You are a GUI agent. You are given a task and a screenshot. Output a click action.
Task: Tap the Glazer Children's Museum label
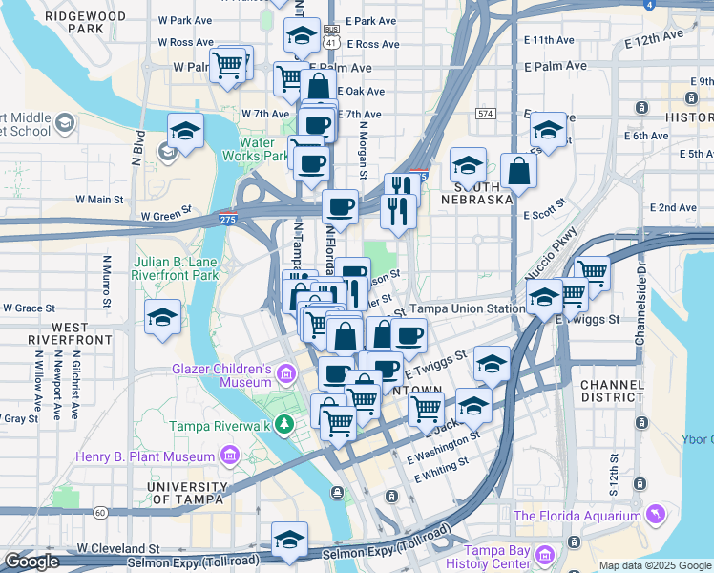coord(222,375)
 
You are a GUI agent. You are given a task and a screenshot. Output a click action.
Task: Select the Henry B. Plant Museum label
coord(145,456)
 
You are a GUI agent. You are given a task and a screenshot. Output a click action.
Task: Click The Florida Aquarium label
coord(577,517)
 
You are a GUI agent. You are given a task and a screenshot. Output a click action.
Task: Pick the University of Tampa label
coord(185,492)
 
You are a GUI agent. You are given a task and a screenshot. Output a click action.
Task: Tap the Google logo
coord(31,562)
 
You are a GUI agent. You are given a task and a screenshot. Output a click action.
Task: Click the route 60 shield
coord(99,513)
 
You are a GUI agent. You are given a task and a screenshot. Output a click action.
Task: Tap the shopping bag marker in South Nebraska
coord(518,172)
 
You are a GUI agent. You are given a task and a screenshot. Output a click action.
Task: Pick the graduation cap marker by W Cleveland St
coord(289,540)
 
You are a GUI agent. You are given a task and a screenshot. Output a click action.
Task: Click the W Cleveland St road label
coord(118,549)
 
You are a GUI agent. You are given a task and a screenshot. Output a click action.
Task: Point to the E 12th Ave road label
coord(655,39)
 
